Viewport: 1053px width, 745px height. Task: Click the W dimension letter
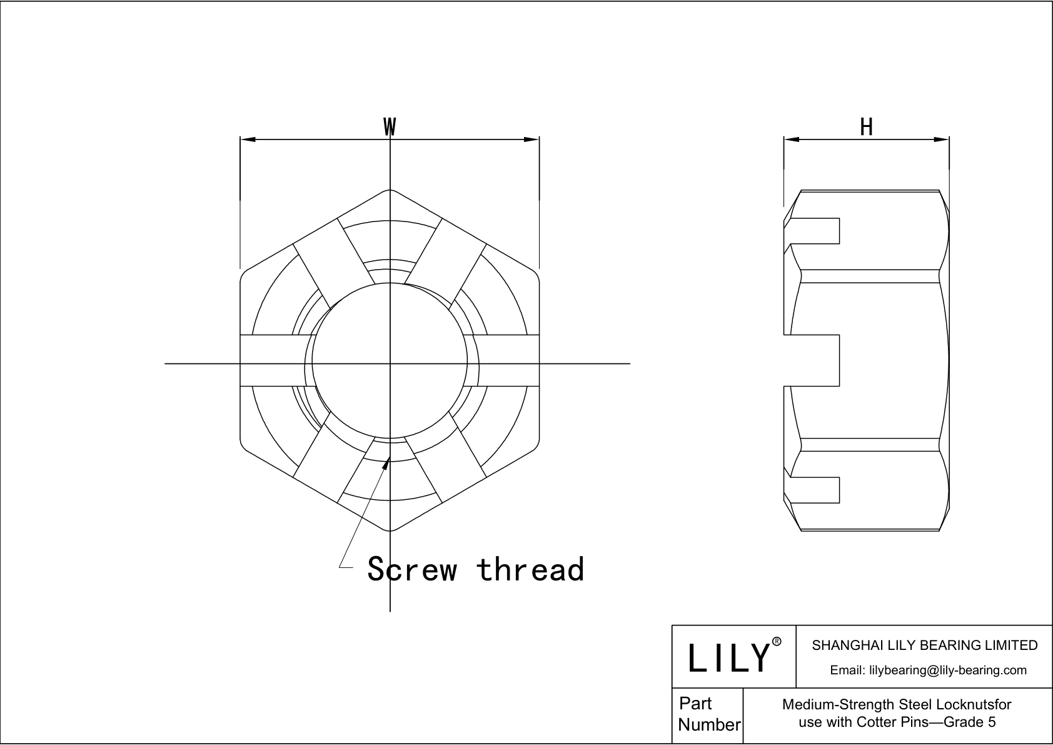(390, 127)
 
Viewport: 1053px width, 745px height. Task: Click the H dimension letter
(866, 128)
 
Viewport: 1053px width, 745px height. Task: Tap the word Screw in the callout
(412, 569)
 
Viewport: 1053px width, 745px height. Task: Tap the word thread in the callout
(530, 569)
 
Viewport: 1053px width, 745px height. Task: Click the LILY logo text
(728, 657)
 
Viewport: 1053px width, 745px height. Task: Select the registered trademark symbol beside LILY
(777, 642)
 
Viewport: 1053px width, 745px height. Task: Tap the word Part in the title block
(695, 704)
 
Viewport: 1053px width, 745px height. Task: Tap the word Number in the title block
(709, 725)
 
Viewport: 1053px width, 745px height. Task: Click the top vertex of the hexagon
(390, 190)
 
